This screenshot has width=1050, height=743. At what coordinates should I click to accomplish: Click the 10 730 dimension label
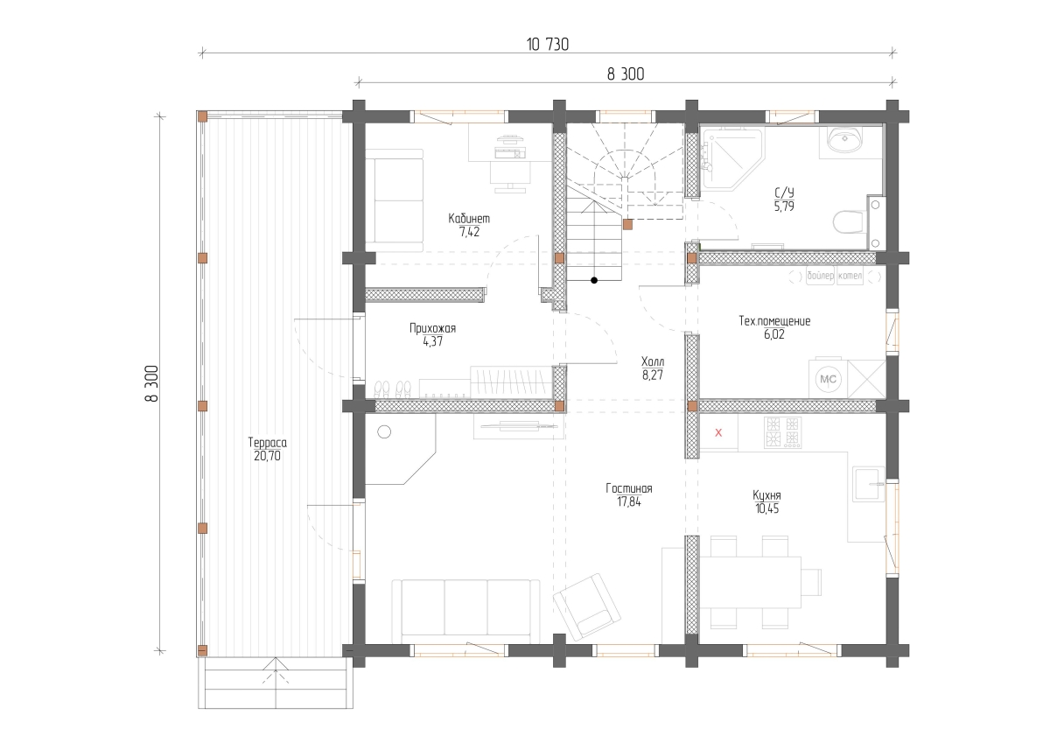pyautogui.click(x=547, y=45)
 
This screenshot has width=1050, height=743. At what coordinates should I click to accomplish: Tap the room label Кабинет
pyautogui.click(x=469, y=219)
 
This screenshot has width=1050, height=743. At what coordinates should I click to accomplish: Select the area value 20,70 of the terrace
pyautogui.click(x=267, y=456)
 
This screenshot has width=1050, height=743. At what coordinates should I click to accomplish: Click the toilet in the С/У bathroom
pyautogui.click(x=849, y=222)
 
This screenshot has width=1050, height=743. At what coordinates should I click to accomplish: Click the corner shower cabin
pyautogui.click(x=732, y=159)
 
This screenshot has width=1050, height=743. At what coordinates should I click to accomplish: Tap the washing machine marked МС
pyautogui.click(x=829, y=379)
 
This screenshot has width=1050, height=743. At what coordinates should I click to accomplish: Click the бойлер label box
pyautogui.click(x=821, y=276)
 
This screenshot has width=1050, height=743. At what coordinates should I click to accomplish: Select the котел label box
pyautogui.click(x=850, y=276)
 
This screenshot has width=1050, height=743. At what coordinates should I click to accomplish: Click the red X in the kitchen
pyautogui.click(x=718, y=433)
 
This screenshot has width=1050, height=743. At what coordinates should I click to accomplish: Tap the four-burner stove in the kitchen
pyautogui.click(x=782, y=431)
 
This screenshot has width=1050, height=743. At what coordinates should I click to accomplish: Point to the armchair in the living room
pyautogui.click(x=587, y=606)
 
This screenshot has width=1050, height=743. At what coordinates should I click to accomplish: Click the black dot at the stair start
pyautogui.click(x=594, y=280)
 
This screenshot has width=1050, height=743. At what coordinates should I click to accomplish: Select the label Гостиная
pyautogui.click(x=628, y=488)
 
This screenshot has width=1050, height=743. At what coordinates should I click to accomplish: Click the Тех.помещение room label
pyautogui.click(x=774, y=321)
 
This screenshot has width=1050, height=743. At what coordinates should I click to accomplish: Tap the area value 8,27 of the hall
pyautogui.click(x=653, y=375)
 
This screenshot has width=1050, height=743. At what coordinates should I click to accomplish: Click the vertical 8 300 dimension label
pyautogui.click(x=151, y=383)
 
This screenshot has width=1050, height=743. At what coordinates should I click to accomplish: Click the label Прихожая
pyautogui.click(x=432, y=328)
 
